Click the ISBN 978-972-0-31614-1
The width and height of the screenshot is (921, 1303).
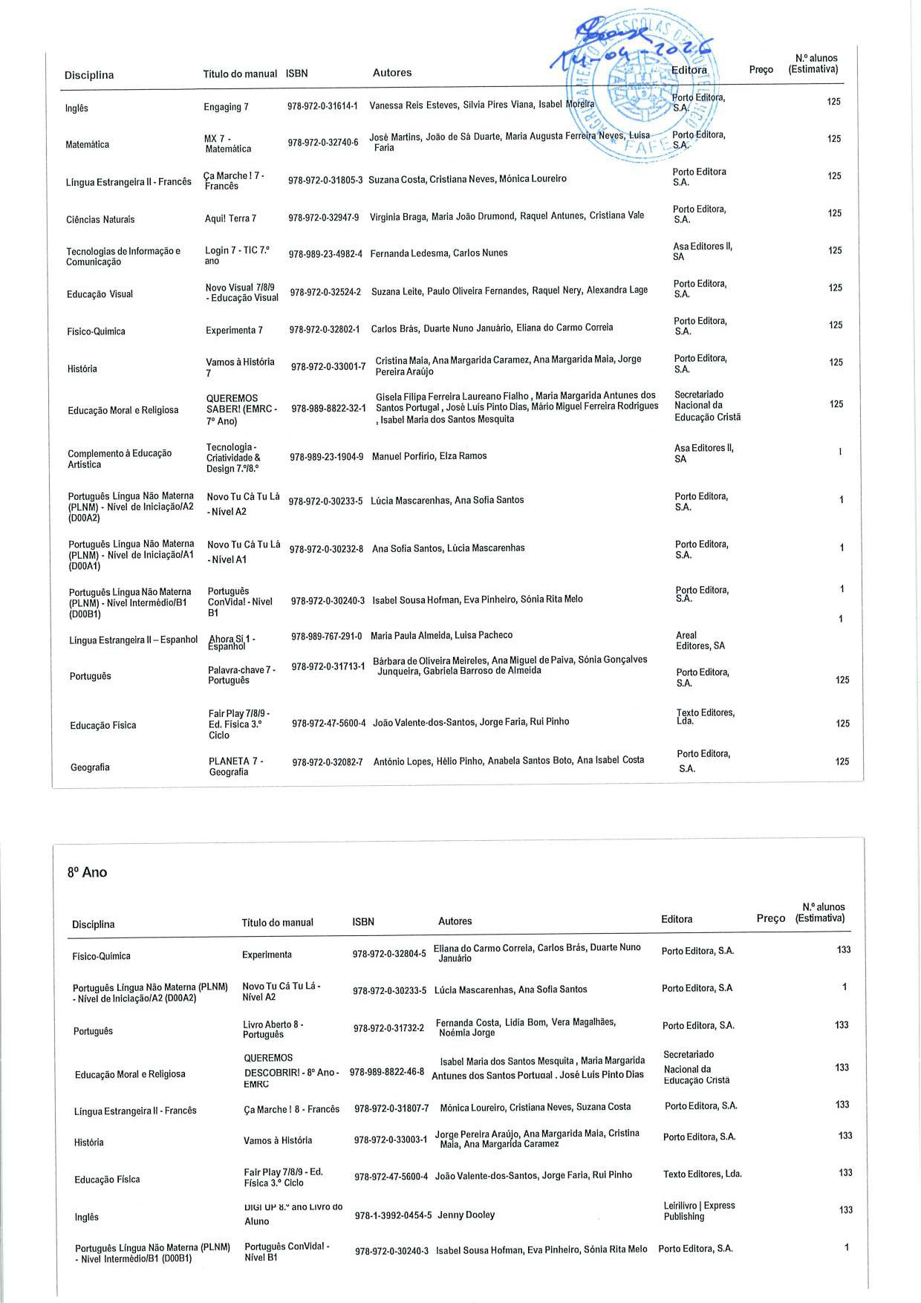[322, 106]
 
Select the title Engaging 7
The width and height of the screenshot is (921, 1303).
[226, 107]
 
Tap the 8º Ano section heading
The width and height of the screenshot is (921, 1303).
[87, 872]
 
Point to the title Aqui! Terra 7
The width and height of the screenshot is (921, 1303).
[230, 218]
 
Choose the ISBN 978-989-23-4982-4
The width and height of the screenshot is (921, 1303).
[325, 254]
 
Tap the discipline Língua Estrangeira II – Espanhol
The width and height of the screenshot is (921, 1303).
[134, 640]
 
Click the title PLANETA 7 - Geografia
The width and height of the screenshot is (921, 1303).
[235, 767]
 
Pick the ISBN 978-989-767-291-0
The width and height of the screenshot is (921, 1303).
[326, 636]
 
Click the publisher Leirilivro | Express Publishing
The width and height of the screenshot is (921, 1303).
[699, 1211]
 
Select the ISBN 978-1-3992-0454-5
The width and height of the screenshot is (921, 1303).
[393, 1215]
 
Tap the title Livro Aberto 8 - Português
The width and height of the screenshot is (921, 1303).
[273, 1030]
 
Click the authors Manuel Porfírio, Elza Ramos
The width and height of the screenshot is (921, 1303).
[429, 456]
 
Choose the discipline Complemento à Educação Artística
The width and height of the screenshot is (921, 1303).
[120, 458]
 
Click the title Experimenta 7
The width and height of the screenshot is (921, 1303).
[234, 330]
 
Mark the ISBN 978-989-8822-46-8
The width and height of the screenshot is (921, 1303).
[386, 1072]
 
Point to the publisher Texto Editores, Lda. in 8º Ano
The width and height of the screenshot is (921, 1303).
[702, 1174]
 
